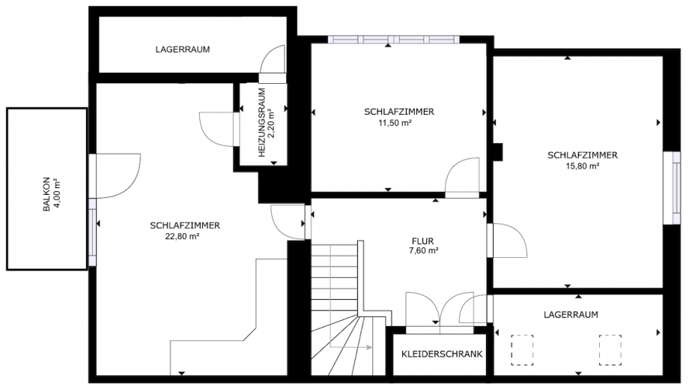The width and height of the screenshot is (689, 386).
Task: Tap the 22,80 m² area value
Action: [x=185, y=236]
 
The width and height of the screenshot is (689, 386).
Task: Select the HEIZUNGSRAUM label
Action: [x=261, y=121]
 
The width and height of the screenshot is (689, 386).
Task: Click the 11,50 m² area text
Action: [x=398, y=123]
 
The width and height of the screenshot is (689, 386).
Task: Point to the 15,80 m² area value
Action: [x=582, y=166]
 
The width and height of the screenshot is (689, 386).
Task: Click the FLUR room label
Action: [x=422, y=241]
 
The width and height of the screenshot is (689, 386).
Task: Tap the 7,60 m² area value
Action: [x=422, y=251]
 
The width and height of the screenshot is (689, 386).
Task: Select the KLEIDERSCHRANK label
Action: [x=442, y=354]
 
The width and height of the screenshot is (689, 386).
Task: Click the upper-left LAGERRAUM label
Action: [x=183, y=49]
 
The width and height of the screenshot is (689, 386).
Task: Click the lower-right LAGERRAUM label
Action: [x=571, y=315]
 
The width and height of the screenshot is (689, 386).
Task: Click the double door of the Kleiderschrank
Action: [x=438, y=309]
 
